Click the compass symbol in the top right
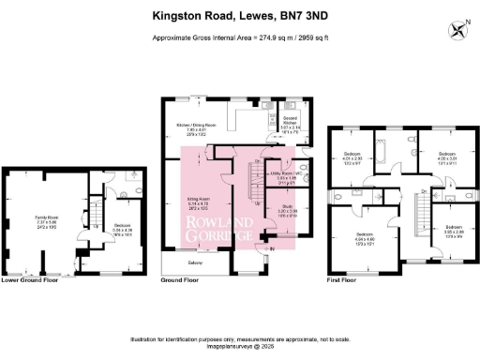(457, 30)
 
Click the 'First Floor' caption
(344, 279)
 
